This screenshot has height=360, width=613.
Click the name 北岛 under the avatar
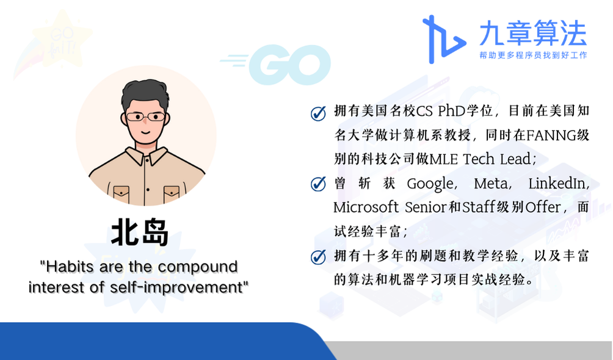(140, 233)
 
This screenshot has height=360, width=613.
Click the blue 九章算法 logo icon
(444, 39)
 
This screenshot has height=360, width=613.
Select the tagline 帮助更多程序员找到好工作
(533, 55)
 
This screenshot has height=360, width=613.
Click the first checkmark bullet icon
(318, 113)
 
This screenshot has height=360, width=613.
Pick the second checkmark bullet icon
(318, 184)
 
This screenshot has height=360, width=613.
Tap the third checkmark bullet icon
(318, 257)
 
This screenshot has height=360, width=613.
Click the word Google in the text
(430, 184)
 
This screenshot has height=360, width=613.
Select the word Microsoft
(366, 207)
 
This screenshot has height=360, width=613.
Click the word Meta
(490, 183)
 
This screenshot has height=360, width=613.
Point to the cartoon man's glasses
(145, 117)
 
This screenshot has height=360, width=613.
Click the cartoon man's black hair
(145, 94)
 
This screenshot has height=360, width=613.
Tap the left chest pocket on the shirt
(121, 193)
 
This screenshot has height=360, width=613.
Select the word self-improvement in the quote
(176, 287)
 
